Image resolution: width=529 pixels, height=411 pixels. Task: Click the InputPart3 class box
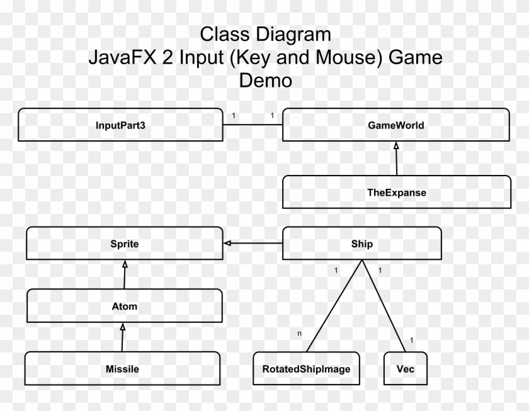click(121, 125)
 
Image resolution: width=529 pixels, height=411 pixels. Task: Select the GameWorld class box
click(395, 125)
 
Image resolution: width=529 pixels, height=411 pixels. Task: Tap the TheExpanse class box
click(396, 193)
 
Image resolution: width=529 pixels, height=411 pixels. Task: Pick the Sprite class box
click(123, 244)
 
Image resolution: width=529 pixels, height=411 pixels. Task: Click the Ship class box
click(361, 244)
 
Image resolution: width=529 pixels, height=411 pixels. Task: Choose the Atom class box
click(123, 307)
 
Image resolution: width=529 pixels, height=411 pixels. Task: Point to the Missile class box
click(123, 369)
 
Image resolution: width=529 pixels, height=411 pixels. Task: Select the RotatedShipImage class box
click(306, 369)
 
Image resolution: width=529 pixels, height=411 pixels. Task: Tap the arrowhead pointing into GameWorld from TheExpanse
click(396, 146)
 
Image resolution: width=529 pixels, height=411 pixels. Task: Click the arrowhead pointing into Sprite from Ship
click(227, 243)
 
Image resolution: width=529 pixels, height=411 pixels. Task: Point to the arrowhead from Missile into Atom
click(124, 327)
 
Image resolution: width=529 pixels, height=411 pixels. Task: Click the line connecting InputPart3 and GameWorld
click(253, 125)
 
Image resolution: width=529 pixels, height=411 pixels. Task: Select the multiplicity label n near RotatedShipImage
click(299, 332)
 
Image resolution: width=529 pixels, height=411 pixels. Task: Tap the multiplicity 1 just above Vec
click(411, 341)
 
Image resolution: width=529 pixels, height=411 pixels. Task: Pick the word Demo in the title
click(265, 81)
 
